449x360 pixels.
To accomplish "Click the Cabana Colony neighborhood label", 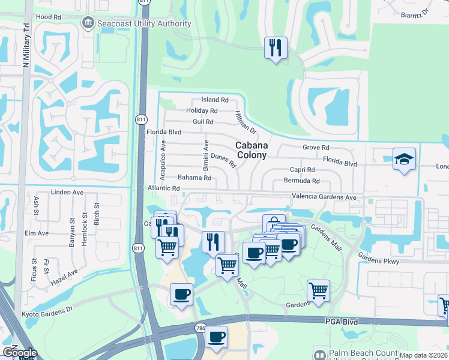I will (251, 150).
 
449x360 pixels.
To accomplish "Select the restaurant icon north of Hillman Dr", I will (276, 48).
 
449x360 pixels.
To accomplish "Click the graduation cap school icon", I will (404, 160).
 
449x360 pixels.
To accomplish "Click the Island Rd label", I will (215, 100).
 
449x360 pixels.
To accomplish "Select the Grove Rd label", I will (316, 147).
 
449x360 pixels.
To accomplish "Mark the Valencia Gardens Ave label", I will (324, 197).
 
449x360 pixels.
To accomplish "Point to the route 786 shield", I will (200, 328).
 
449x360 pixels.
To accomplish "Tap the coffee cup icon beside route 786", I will (217, 337).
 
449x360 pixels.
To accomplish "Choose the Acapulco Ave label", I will (163, 160).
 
